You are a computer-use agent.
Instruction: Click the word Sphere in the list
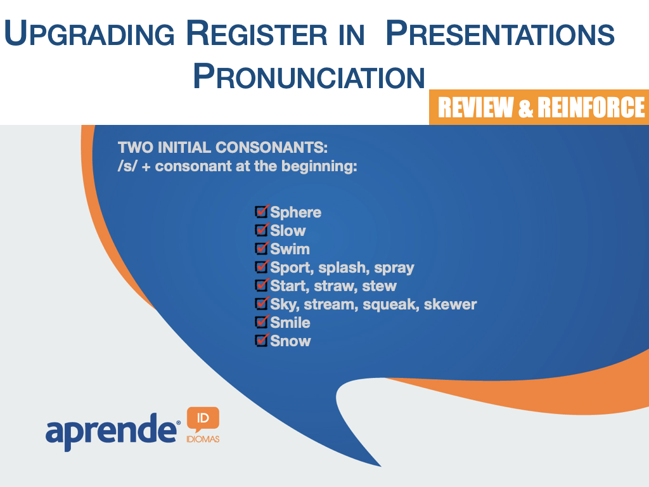[x=295, y=212]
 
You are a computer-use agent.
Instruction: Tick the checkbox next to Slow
[x=262, y=230]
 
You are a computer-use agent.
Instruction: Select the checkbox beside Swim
[x=262, y=248]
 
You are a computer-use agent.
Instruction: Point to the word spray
[x=394, y=268]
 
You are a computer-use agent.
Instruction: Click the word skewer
[x=451, y=304]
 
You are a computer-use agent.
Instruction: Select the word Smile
[x=290, y=323]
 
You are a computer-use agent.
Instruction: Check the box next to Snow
[x=262, y=340]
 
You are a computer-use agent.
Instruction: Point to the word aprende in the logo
[x=111, y=431]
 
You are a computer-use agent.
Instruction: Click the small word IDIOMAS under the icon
[x=203, y=439]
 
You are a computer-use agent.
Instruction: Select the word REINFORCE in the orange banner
[x=591, y=107]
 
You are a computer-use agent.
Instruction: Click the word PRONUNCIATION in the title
[x=309, y=76]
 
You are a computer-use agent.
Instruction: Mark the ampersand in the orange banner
[x=525, y=108]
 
